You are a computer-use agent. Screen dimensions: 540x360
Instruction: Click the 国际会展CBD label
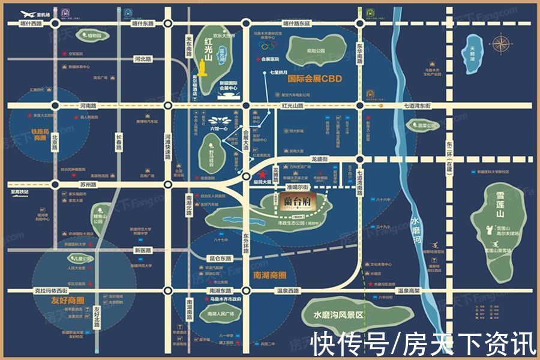[x=315, y=79]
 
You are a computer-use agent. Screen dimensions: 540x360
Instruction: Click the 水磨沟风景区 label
[x=333, y=314]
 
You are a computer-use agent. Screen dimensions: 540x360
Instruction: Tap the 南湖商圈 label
[x=266, y=275]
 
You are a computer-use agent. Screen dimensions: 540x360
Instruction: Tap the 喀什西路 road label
[x=31, y=24]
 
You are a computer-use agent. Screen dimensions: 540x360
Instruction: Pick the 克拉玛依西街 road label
[x=46, y=291]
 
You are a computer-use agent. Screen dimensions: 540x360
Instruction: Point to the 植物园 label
[x=94, y=36]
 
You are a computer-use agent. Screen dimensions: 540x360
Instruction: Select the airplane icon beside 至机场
[x=27, y=13]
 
